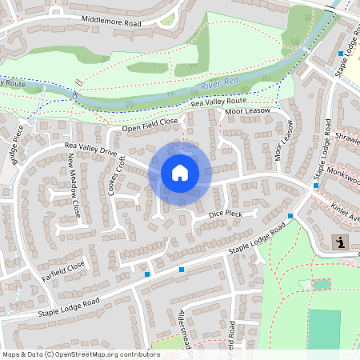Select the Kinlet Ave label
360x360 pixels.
pos(346,212)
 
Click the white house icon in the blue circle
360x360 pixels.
pos(179,173)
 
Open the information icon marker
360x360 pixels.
pos(340,242)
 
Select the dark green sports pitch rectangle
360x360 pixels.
pos(323,329)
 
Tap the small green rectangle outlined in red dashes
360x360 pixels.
pos(321,284)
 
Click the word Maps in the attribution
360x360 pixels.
pos(11,354)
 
